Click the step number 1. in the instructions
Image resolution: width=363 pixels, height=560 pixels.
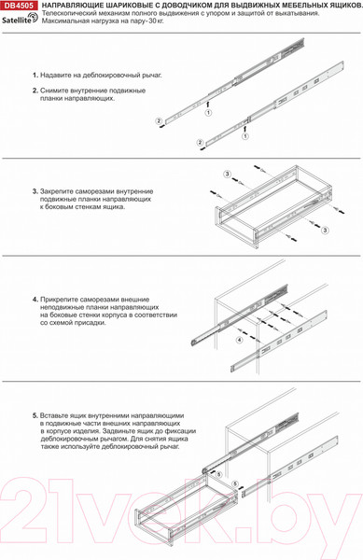tap(35, 75)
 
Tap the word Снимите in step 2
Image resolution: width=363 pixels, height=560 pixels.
tap(57, 91)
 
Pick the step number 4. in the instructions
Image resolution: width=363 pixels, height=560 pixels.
tap(35, 300)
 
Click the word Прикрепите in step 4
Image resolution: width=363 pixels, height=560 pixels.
tap(62, 300)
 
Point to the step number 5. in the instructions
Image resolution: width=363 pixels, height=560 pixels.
tap(35, 413)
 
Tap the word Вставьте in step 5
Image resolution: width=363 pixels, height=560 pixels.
tap(58, 413)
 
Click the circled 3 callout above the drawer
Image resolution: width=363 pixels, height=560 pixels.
tap(227, 175)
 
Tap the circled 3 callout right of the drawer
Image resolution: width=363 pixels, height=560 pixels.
tap(328, 226)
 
